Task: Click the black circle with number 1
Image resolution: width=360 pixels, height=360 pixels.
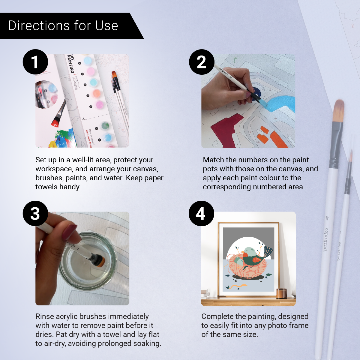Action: pos(35,62)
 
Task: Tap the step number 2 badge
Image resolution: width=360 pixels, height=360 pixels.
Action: pos(202,62)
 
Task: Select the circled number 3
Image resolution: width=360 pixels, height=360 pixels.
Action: pos(35,213)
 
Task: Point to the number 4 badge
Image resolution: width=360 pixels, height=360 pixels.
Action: pos(201,213)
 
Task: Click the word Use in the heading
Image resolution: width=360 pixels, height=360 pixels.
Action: pos(106,26)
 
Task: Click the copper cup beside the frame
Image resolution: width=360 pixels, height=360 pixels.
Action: pos(281,293)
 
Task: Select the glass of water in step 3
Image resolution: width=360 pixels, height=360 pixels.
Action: pos(87,261)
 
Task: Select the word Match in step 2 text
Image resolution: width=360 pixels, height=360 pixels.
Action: pos(213,160)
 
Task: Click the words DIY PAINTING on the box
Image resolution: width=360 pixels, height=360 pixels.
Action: pos(71,64)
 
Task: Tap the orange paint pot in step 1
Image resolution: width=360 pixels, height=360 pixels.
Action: pos(96,94)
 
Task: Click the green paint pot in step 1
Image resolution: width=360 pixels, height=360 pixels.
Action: pos(105,125)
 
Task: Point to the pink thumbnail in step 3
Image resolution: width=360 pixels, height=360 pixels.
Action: pos(70,232)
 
